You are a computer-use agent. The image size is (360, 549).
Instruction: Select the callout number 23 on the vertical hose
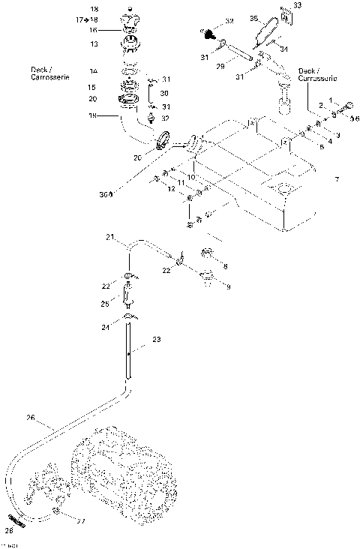coord(157,340)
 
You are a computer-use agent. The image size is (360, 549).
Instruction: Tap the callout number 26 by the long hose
coord(31,418)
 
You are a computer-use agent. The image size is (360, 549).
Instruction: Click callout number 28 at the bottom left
coord(9,530)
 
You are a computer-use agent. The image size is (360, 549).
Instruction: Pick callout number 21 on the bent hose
coord(109,238)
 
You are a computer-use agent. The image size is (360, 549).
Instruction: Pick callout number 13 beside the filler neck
coord(94,44)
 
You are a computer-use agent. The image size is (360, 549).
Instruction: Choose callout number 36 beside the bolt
coord(355,118)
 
